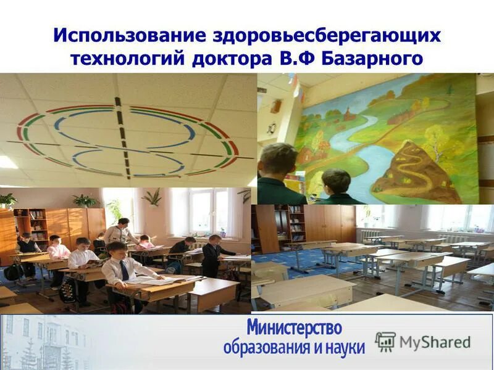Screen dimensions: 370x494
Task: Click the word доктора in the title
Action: pyautogui.click(x=232, y=59)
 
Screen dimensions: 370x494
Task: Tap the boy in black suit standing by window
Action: pyautogui.click(x=212, y=255)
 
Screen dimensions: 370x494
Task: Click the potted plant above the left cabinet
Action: pyautogui.click(x=85, y=200)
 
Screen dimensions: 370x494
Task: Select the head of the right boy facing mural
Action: pyautogui.click(x=336, y=181)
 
